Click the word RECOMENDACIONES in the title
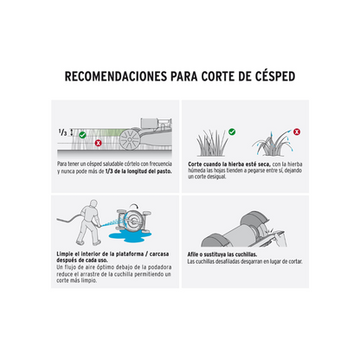(x=116, y=76)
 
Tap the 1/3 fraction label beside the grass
(x=62, y=132)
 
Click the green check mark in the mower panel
(x=82, y=135)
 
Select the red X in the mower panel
(x=99, y=143)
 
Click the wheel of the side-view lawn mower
(x=130, y=139)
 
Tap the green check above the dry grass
(x=232, y=132)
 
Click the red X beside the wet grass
(x=297, y=132)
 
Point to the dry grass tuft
(x=212, y=144)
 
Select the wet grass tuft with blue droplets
(x=272, y=145)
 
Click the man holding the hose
(x=89, y=222)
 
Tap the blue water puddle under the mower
(x=130, y=235)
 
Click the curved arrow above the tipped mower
(x=134, y=206)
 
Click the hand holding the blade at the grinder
(x=280, y=240)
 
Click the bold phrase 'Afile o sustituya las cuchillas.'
(x=222, y=254)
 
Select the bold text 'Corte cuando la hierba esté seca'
(x=229, y=164)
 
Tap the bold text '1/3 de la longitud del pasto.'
(x=138, y=171)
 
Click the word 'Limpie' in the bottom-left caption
(x=65, y=254)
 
